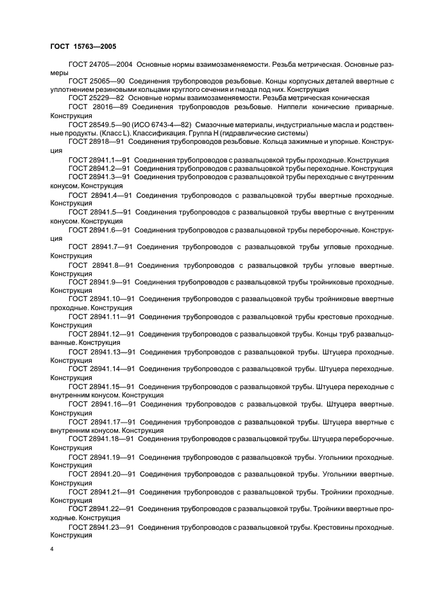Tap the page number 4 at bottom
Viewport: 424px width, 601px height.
[52, 550]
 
